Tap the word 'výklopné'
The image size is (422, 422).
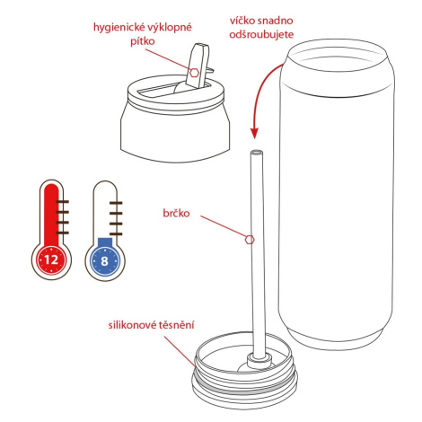click(169, 28)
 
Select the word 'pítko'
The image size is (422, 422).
click(143, 41)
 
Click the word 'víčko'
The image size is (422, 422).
click(242, 21)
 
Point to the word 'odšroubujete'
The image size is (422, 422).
click(261, 34)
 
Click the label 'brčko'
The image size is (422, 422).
click(176, 213)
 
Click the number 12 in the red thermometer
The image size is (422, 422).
click(51, 259)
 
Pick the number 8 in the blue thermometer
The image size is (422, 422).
click(104, 261)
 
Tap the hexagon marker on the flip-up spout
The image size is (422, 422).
click(194, 73)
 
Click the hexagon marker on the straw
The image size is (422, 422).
click(250, 240)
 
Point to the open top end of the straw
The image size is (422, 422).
click(257, 152)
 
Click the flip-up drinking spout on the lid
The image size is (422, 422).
click(198, 66)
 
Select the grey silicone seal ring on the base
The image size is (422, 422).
click(244, 388)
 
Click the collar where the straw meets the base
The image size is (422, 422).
click(259, 360)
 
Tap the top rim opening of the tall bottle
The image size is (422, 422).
click(337, 56)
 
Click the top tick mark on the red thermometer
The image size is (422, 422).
click(62, 202)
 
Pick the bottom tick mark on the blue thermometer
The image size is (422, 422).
click(116, 233)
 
